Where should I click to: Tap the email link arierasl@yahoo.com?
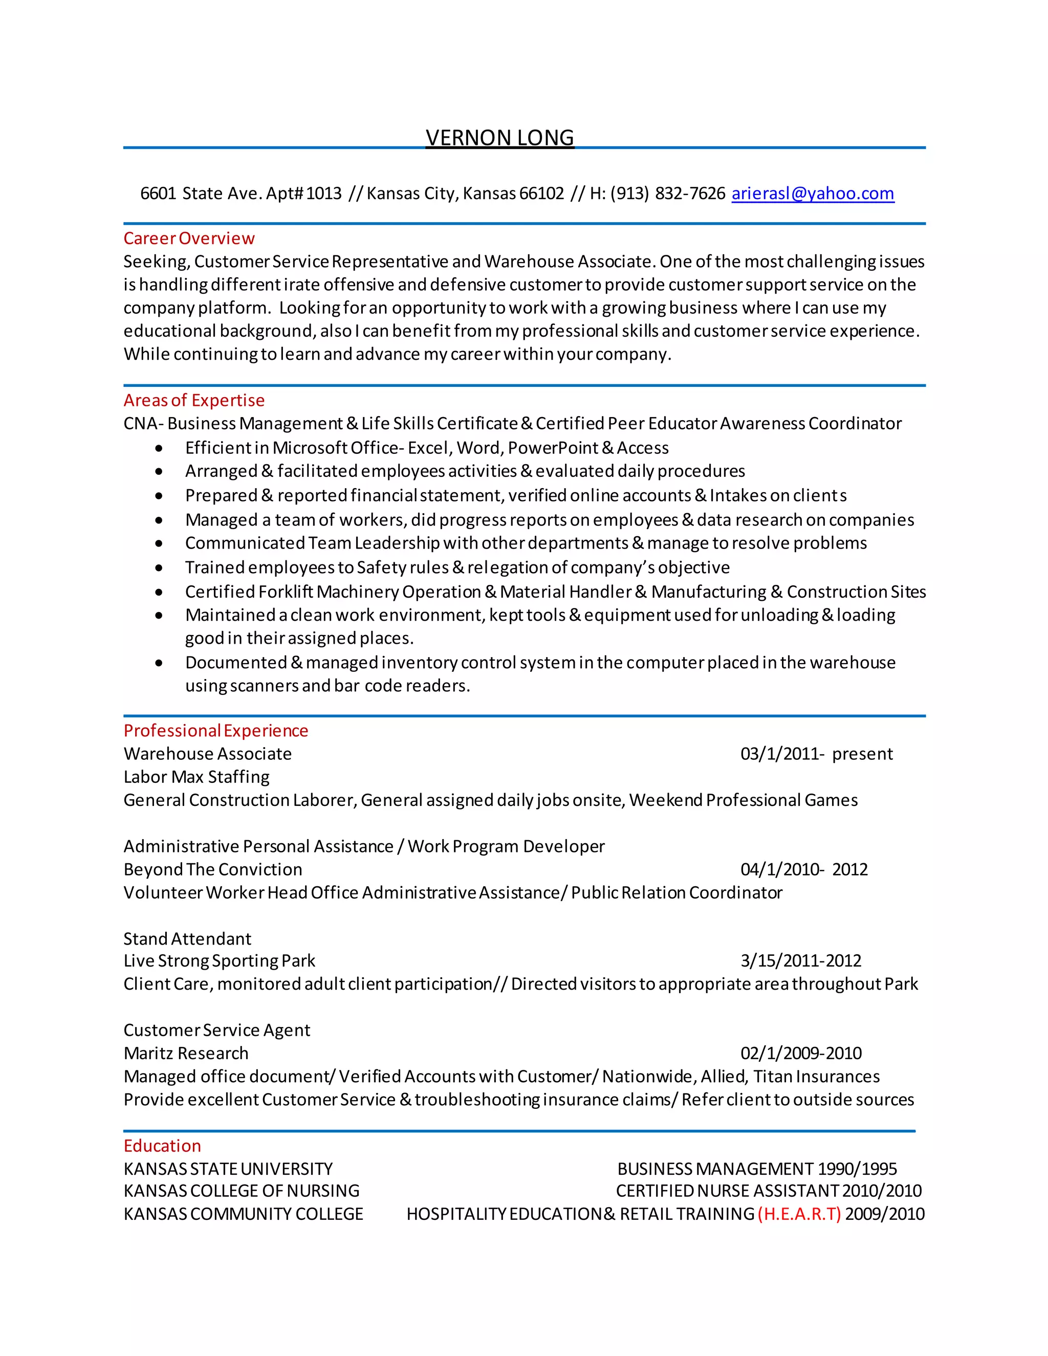coord(812,194)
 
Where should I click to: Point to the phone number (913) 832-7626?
coord(667,194)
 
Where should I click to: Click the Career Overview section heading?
coord(189,238)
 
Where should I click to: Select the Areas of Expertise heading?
coord(194,401)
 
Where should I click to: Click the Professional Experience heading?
coord(215,731)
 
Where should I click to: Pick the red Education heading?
coord(162,1146)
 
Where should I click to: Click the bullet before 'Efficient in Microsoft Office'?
coord(159,448)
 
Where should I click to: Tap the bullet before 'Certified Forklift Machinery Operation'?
coord(159,593)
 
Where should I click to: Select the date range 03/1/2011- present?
coord(816,754)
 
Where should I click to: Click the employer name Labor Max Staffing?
coord(196,777)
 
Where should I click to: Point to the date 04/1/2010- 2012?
coord(803,869)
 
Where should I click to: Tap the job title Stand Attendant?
coord(187,939)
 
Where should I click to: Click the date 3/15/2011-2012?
coord(800,961)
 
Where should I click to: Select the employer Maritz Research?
coord(186,1054)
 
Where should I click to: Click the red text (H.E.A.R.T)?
coord(799,1214)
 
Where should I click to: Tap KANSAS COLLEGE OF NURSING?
coord(242,1191)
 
